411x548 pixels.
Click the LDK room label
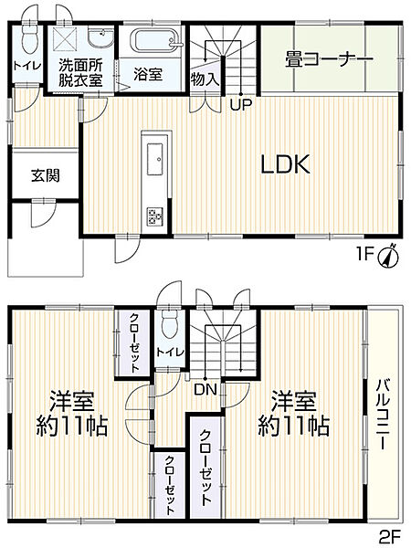point(287,165)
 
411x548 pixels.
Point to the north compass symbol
point(387,257)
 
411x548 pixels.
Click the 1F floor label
point(365,258)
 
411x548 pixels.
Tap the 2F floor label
point(387,535)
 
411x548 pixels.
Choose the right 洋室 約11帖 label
point(292,413)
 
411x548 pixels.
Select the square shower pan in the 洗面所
point(65,38)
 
